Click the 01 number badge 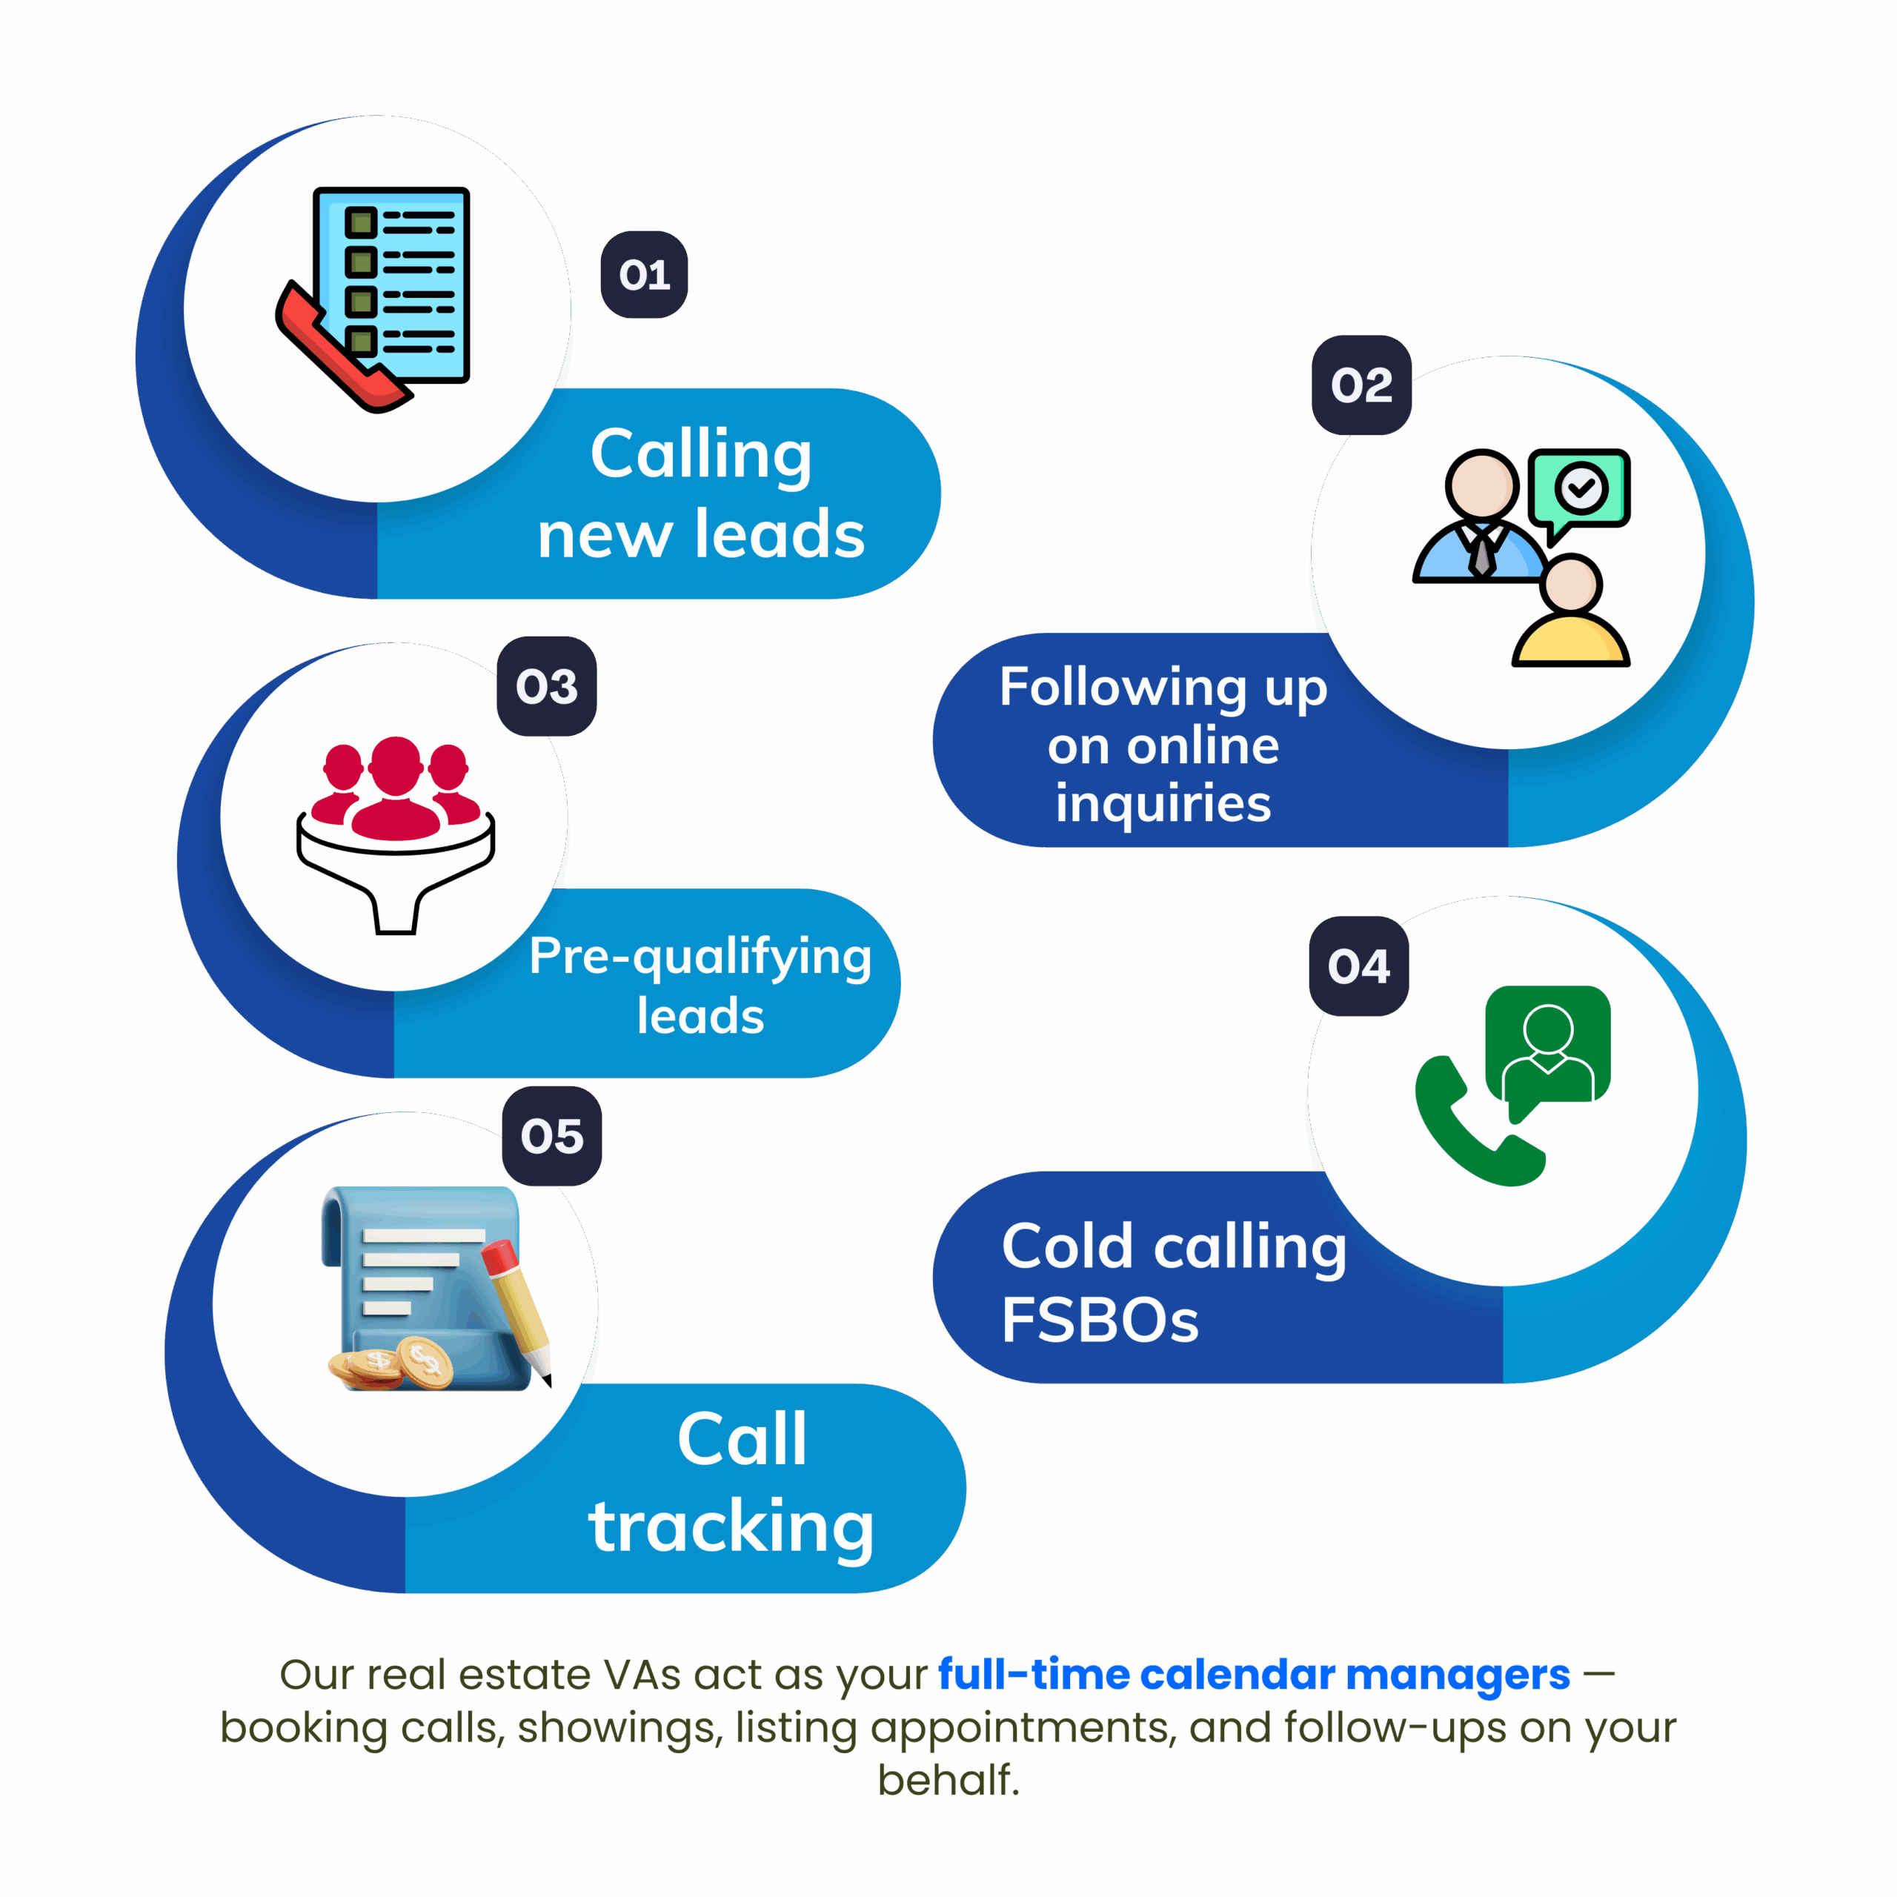click(x=644, y=275)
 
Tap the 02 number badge click(x=1361, y=385)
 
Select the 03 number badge click(x=547, y=686)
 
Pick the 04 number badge click(x=1359, y=966)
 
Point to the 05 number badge click(x=552, y=1136)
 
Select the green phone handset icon click(x=1468, y=1124)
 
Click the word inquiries click(x=1163, y=803)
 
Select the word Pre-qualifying click(x=700, y=957)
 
